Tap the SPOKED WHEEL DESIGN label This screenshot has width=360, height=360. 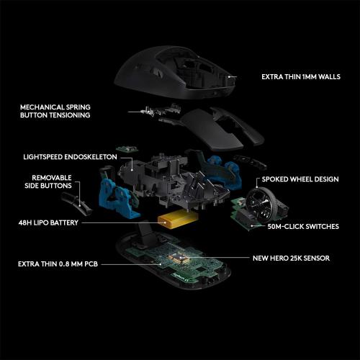tap(298, 178)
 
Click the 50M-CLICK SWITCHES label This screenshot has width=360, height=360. tap(302, 226)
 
